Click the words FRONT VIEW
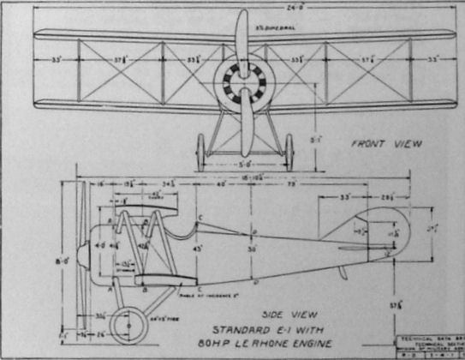click(385, 144)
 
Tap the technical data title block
click(428, 345)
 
